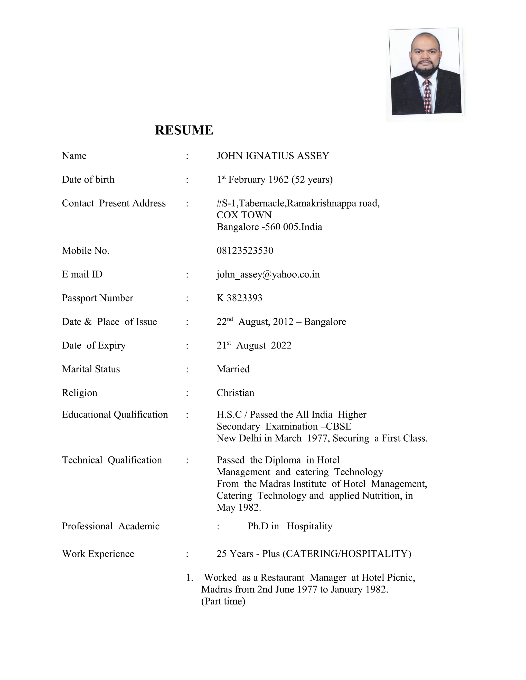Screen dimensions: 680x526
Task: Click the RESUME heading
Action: pyautogui.click(x=184, y=130)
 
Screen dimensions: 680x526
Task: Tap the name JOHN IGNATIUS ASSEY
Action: pyautogui.click(x=273, y=156)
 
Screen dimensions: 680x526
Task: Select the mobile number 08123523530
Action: pyautogui.click(x=245, y=251)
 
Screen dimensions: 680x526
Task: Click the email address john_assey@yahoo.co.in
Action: pyautogui.click(x=268, y=274)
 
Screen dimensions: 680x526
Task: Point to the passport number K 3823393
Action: pyautogui.click(x=239, y=298)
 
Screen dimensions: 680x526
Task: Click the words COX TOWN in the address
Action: pyautogui.click(x=244, y=215)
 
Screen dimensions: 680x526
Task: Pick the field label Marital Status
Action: pyautogui.click(x=91, y=369)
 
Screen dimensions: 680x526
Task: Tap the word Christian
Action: pyautogui.click(x=235, y=393)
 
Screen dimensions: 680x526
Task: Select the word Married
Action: pyautogui.click(x=233, y=369)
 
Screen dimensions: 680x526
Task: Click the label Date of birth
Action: pyautogui.click(x=88, y=179)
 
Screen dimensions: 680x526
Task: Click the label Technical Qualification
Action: pyautogui.click(x=112, y=460)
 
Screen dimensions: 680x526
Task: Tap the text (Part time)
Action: pyautogui.click(x=223, y=601)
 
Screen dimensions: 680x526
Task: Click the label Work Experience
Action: pyautogui.click(x=98, y=553)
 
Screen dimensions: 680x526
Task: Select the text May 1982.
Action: pyautogui.click(x=239, y=507)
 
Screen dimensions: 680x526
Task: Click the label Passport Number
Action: pyautogui.click(x=97, y=298)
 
